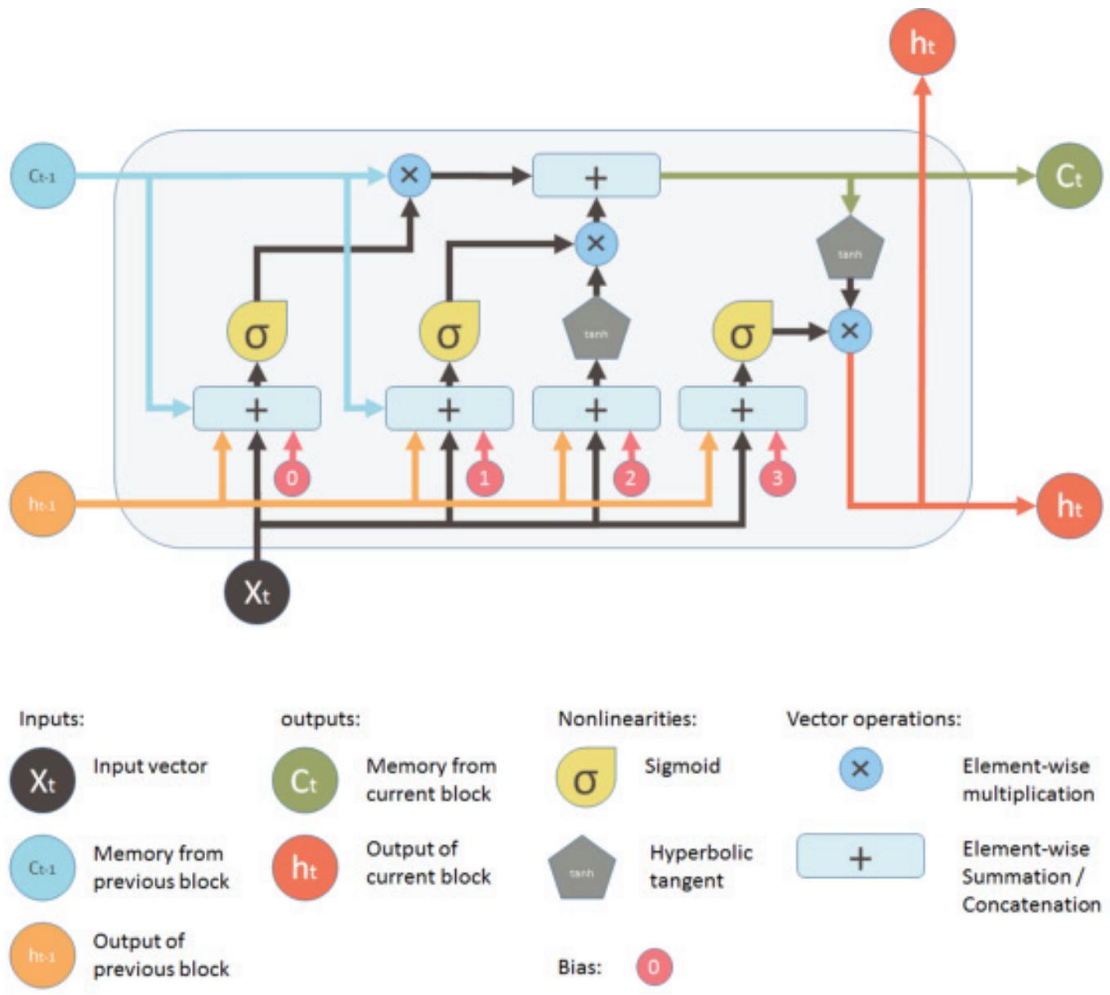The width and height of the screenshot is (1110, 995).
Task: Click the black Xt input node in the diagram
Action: click(257, 591)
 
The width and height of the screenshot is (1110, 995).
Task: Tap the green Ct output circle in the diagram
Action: click(1068, 176)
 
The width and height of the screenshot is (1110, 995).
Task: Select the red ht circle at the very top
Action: click(922, 43)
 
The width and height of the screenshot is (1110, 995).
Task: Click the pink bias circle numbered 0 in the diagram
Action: click(292, 478)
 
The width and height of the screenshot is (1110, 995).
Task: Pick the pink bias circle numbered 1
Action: click(484, 478)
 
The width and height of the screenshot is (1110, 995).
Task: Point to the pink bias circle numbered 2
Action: click(630, 478)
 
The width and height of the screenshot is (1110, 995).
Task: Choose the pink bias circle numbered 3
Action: click(777, 478)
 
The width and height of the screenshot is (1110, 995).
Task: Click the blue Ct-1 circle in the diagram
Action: click(43, 176)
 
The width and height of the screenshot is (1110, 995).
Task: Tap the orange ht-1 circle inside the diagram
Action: click(43, 504)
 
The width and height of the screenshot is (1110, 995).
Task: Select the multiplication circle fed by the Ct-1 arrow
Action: click(410, 175)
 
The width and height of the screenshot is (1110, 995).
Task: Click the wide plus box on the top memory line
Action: click(596, 176)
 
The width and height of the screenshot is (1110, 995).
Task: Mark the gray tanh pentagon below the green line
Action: click(850, 250)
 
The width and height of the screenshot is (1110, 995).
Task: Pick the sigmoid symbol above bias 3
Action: click(742, 332)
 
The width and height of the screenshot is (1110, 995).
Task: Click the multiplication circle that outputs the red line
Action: click(850, 331)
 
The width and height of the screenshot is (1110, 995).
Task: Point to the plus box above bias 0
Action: click(257, 408)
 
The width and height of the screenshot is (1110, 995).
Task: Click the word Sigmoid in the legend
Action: click(682, 766)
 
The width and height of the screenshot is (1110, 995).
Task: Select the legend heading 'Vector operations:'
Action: click(873, 719)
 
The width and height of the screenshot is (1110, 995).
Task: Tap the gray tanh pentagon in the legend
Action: click(581, 868)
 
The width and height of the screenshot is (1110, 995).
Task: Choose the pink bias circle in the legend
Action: click(654, 967)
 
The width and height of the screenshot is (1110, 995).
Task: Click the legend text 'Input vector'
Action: click(150, 766)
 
